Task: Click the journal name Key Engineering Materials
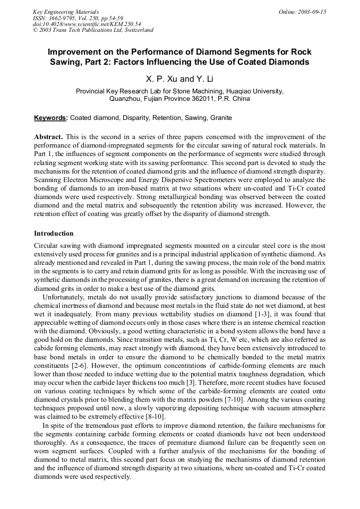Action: click(x=65, y=11)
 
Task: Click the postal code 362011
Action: click(x=199, y=99)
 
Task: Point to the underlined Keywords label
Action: click(x=50, y=118)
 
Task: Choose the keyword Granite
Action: click(x=220, y=118)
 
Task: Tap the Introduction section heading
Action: click(x=54, y=234)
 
